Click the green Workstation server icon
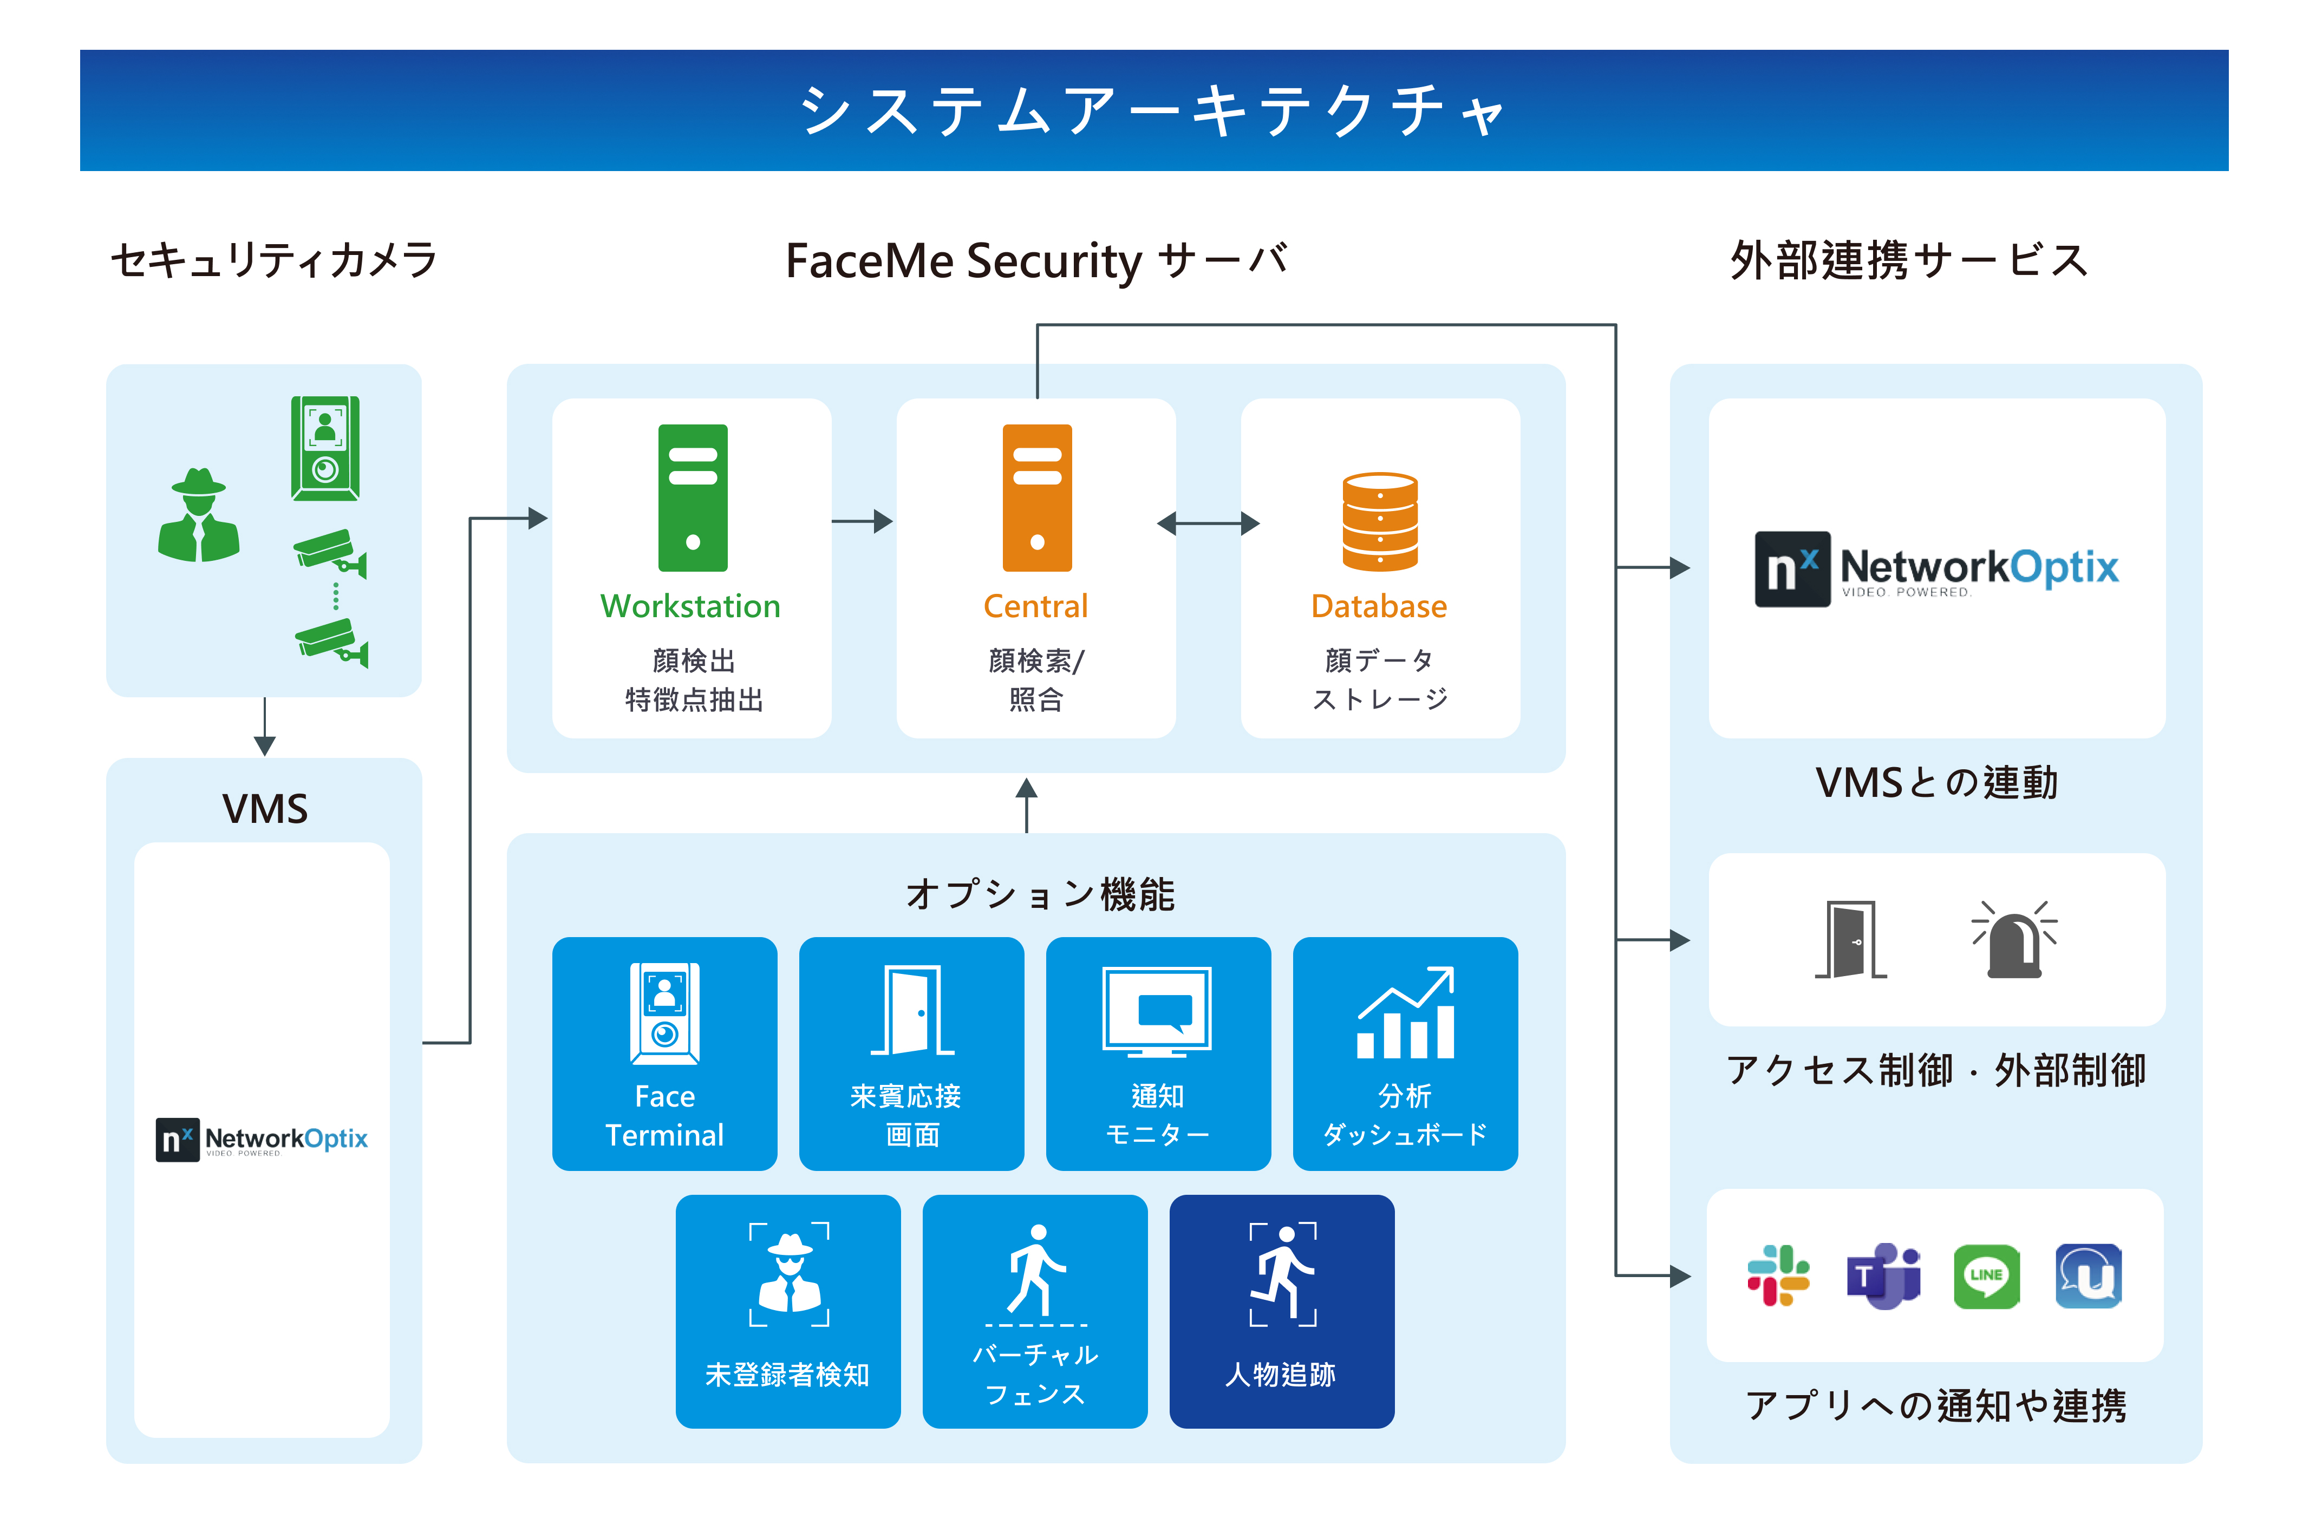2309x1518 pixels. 693,498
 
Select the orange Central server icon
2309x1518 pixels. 1037,498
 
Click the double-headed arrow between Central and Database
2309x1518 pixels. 1208,524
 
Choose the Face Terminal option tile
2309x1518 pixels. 664,1054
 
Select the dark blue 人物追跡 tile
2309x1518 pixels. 1282,1311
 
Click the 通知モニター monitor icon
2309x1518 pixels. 1157,1011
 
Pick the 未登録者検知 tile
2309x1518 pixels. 788,1311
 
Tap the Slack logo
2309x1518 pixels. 1778,1275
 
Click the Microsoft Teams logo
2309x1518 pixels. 1883,1275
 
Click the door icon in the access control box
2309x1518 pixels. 1851,939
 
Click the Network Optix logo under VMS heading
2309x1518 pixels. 262,1139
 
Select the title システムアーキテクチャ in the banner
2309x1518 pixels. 1152,110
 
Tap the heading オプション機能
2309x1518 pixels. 1040,893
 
